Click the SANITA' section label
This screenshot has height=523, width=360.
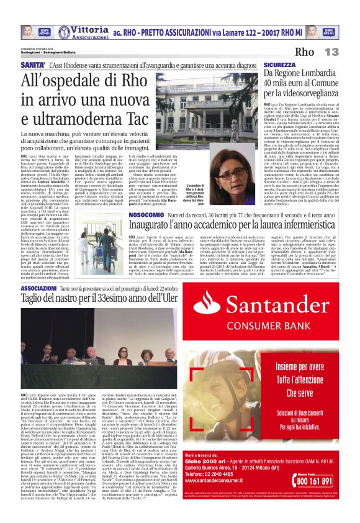click(33, 65)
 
